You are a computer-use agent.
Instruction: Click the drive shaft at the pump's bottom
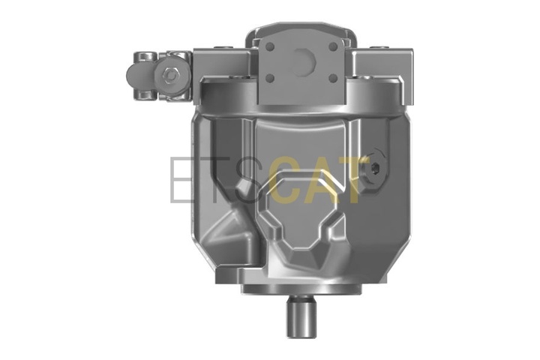point(301,316)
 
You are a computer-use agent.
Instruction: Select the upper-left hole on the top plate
point(270,46)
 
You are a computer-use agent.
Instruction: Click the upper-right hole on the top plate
point(333,46)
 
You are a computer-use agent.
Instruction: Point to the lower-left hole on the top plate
point(270,79)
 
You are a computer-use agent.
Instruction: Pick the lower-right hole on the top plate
point(333,79)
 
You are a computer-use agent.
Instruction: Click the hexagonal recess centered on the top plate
point(304,62)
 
